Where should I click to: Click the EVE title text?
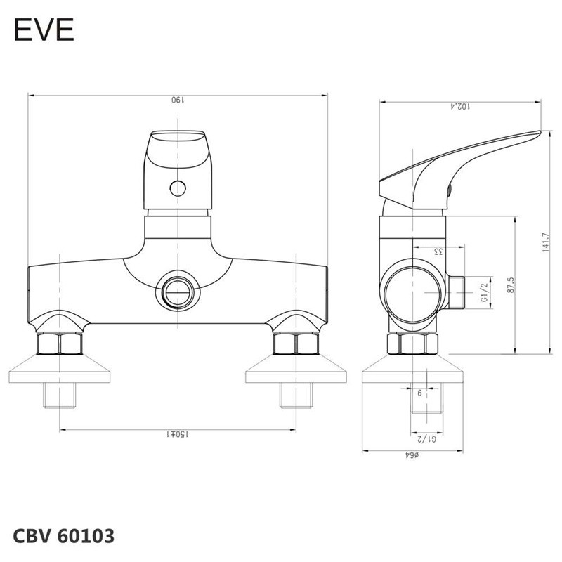click(44, 30)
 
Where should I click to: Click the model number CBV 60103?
click(64, 536)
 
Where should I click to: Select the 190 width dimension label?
click(178, 100)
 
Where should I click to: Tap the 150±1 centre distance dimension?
click(178, 434)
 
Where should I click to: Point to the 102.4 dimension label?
click(460, 106)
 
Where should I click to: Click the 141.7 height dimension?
click(545, 242)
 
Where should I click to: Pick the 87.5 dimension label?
click(511, 285)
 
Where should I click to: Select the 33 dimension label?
click(438, 251)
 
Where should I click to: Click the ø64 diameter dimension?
click(412, 455)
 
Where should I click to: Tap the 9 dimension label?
click(419, 393)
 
